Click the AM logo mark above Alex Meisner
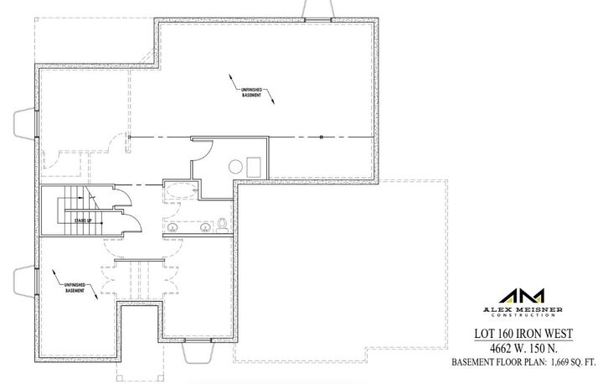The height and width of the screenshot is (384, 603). pos(522,296)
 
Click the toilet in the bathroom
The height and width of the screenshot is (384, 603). pos(223,224)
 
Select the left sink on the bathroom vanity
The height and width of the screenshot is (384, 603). pos(174,226)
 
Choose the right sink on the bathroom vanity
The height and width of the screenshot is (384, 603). pos(204,226)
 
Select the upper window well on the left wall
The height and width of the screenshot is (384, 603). pos(23,125)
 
